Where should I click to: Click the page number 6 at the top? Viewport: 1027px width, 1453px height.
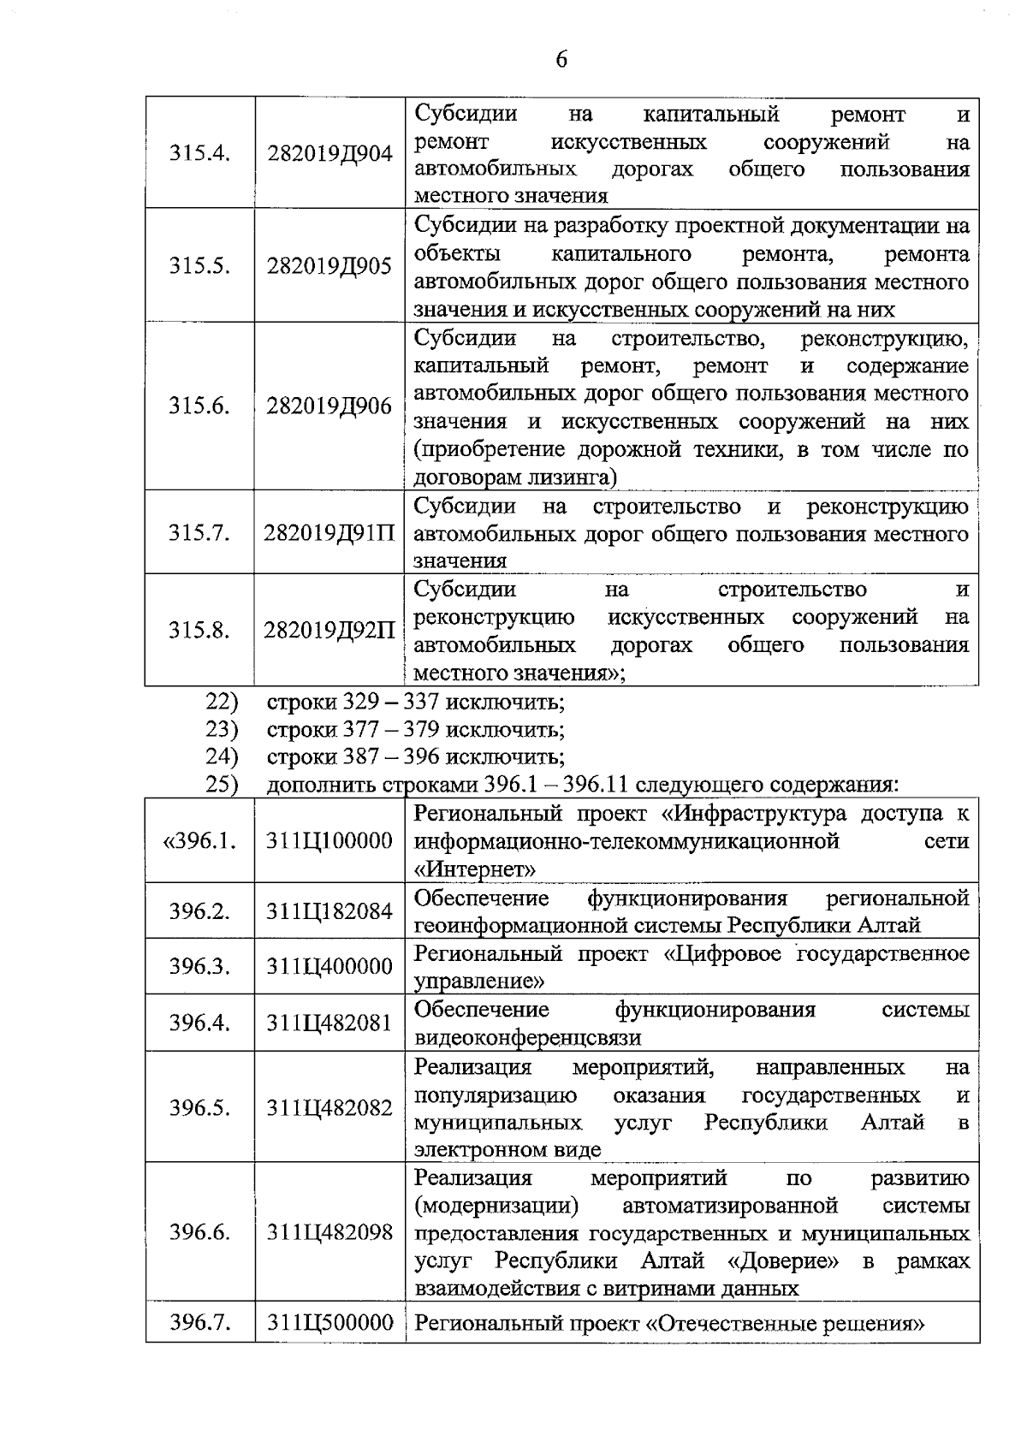[x=561, y=59]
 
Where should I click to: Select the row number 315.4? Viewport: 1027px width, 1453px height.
[x=199, y=155]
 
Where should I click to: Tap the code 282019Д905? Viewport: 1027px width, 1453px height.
[x=329, y=266]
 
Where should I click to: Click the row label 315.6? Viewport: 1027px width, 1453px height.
[x=199, y=406]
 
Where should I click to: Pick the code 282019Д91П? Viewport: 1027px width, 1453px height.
[x=329, y=533]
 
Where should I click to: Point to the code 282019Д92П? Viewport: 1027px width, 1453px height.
[x=329, y=631]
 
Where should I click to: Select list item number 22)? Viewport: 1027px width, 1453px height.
[x=221, y=702]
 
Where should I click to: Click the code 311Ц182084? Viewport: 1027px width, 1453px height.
[x=329, y=911]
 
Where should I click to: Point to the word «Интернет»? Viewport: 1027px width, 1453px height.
[x=475, y=869]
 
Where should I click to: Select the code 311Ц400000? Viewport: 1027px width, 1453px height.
[x=329, y=967]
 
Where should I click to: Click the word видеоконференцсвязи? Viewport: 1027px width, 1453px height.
[x=527, y=1038]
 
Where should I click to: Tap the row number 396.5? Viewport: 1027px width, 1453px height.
[x=199, y=1108]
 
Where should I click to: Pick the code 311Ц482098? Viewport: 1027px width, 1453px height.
[x=329, y=1233]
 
